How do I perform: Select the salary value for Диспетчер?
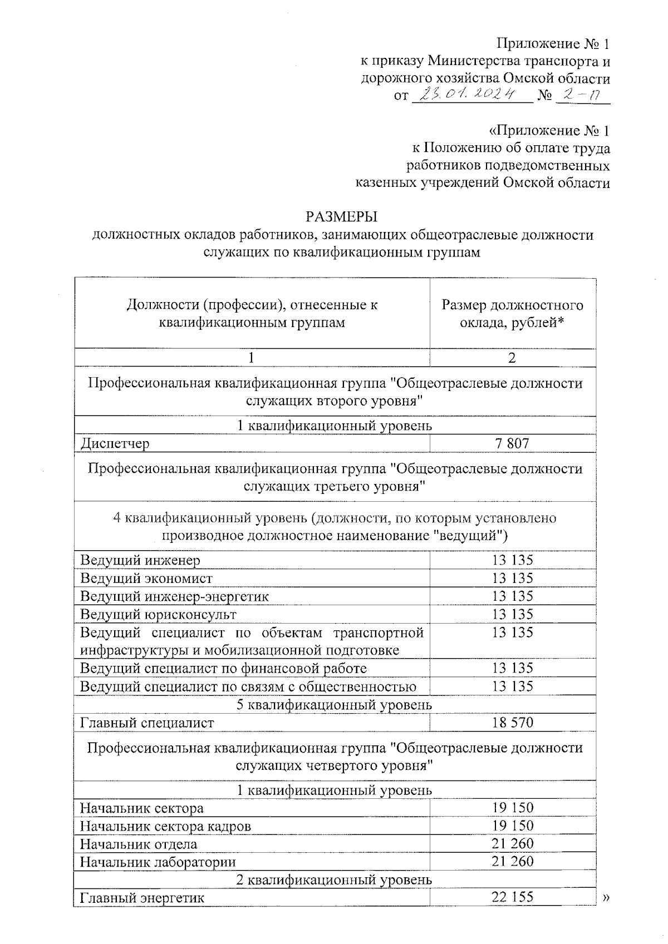pyautogui.click(x=512, y=443)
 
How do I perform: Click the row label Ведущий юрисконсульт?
pyautogui.click(x=159, y=614)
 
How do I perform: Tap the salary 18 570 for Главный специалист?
pyautogui.click(x=512, y=723)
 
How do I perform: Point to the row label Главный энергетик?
pyautogui.click(x=143, y=898)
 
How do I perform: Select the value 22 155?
pyautogui.click(x=512, y=897)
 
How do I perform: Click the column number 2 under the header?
pyautogui.click(x=512, y=358)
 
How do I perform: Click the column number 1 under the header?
pyautogui.click(x=252, y=358)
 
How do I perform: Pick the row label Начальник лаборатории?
pyautogui.click(x=158, y=862)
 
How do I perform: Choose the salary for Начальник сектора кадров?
pyautogui.click(x=512, y=826)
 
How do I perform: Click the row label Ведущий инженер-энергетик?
pyautogui.click(x=175, y=596)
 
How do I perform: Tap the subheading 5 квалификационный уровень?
pyautogui.click(x=334, y=705)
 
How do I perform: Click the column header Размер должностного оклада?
pyautogui.click(x=512, y=314)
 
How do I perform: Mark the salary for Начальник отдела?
pyautogui.click(x=512, y=843)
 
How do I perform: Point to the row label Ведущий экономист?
pyautogui.click(x=146, y=579)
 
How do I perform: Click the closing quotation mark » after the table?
pyautogui.click(x=606, y=897)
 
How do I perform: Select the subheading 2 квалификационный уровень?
pyautogui.click(x=334, y=879)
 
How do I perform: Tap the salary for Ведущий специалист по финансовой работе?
pyautogui.click(x=512, y=668)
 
